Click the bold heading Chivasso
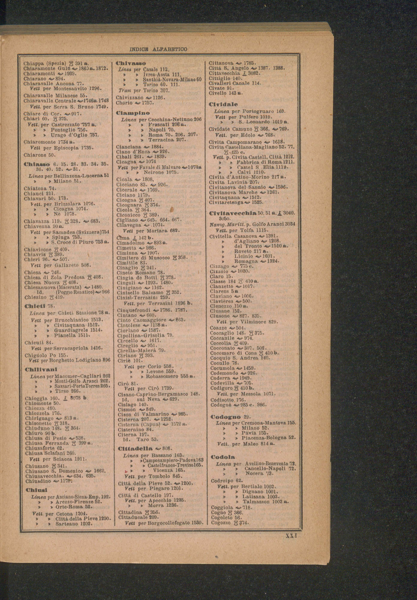(x=131, y=63)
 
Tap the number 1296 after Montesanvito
(x=93, y=89)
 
